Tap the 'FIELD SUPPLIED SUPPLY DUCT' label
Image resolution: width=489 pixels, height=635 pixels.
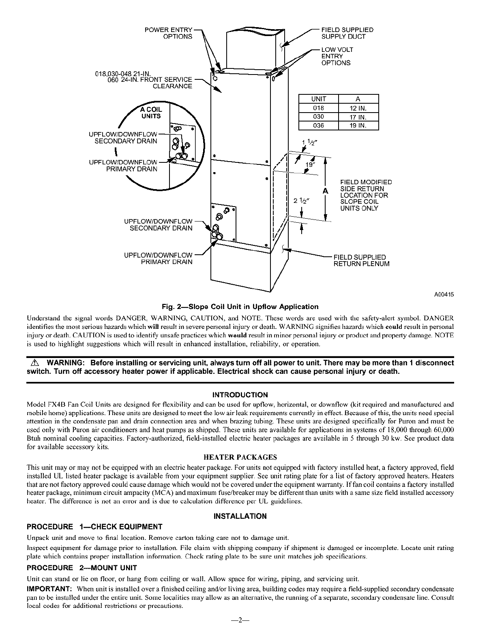[347, 33]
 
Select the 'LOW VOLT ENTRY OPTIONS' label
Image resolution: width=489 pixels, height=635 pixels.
[337, 56]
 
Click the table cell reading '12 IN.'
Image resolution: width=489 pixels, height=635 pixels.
[358, 108]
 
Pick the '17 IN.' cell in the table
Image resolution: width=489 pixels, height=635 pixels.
[358, 117]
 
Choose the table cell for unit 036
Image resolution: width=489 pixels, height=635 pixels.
[318, 126]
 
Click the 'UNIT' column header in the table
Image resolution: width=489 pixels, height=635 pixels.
[318, 99]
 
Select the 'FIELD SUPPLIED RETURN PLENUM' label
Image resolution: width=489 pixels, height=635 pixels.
[361, 260]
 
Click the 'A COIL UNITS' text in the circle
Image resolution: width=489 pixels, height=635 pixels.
[151, 113]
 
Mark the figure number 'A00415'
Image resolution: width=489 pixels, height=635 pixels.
[444, 294]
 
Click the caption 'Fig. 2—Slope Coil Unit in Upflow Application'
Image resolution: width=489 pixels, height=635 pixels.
[240, 307]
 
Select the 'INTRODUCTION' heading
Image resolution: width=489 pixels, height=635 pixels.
[240, 395]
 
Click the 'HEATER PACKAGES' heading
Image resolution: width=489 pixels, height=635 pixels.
[240, 457]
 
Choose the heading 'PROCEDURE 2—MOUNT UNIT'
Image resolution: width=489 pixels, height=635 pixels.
[81, 568]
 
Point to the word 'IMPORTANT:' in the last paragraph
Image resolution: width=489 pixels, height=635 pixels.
[49, 588]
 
